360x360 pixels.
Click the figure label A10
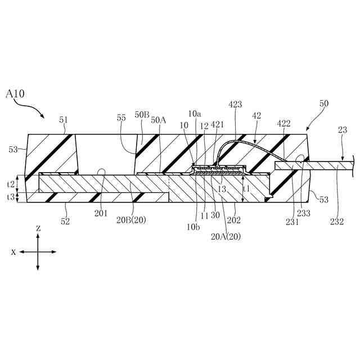coord(15,93)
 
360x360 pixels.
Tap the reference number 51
coord(63,120)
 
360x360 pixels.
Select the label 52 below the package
coord(65,222)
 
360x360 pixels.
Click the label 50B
coord(142,114)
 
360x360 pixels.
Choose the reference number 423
coord(236,104)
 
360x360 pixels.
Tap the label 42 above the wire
coord(256,115)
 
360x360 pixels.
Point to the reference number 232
coord(337,222)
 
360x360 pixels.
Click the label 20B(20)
coord(131,220)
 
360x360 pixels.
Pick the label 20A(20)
coord(226,237)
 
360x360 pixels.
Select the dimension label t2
coord(10,183)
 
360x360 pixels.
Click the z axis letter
coord(38,228)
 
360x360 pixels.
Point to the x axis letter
coord(13,252)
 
